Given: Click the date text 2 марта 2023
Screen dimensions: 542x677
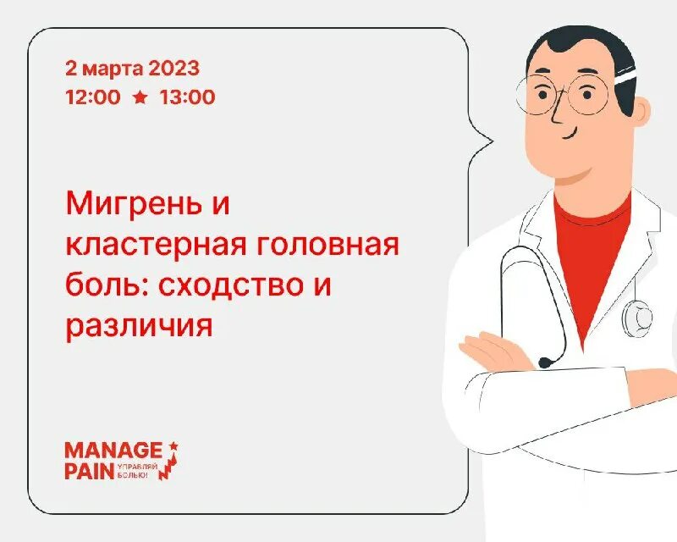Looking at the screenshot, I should [x=132, y=68].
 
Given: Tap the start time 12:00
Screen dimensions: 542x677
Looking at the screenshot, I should [x=92, y=97].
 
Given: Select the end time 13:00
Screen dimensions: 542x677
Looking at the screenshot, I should [x=187, y=97].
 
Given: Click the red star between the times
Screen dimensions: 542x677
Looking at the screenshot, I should [x=140, y=97].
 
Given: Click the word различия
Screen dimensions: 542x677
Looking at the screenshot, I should [x=138, y=326].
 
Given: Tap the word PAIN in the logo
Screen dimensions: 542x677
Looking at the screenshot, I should [x=89, y=473].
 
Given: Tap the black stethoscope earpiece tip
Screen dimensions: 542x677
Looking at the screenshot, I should [x=546, y=362].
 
